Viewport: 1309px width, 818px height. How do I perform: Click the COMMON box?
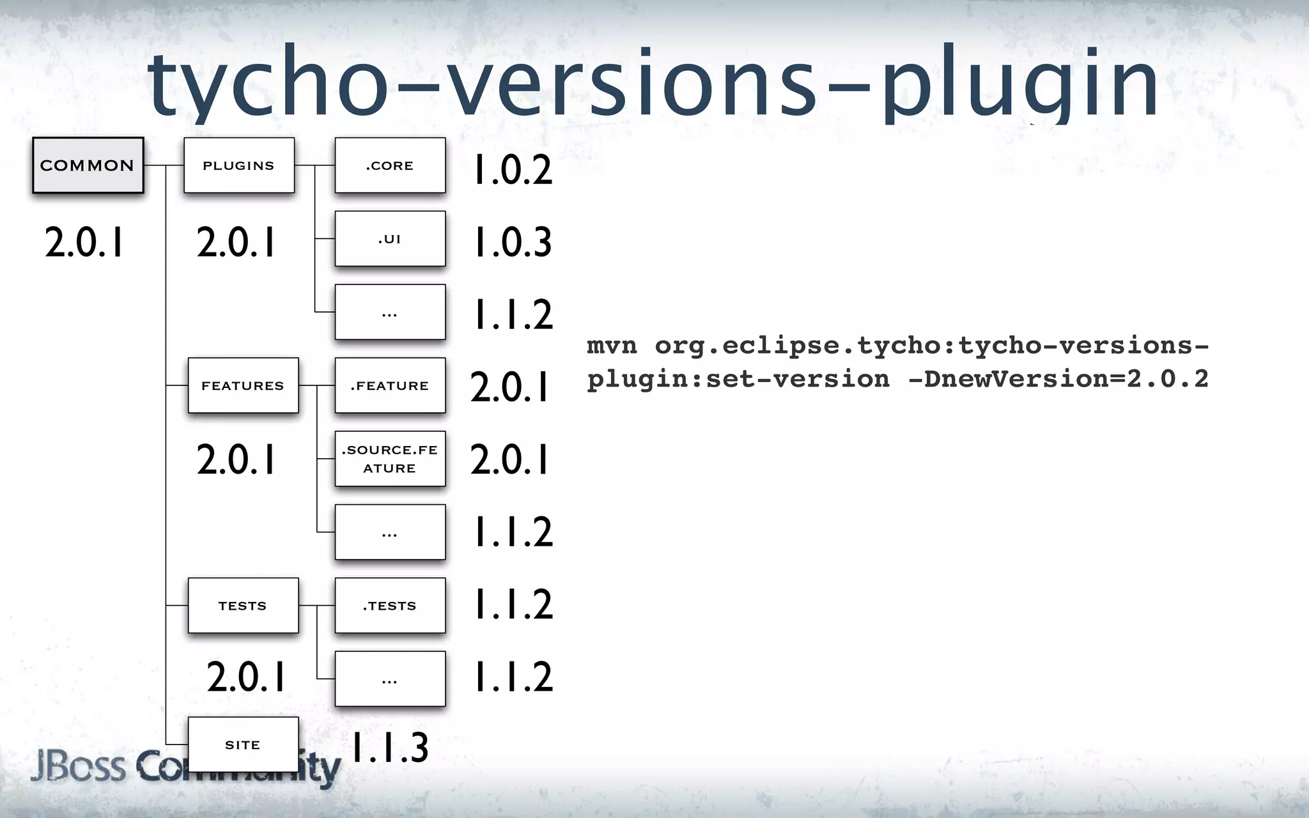coord(88,166)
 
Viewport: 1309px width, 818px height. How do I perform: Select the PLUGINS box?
coord(239,166)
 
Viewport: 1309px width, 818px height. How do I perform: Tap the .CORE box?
coord(390,166)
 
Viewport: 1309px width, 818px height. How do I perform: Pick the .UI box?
coord(390,239)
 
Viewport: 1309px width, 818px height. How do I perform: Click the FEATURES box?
coord(243,385)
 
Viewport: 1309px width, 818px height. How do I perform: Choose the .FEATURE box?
coord(390,385)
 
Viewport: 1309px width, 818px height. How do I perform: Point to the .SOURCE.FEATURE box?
coord(390,459)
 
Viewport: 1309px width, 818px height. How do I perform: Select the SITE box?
coord(243,745)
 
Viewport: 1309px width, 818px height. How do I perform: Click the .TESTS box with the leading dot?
coord(390,605)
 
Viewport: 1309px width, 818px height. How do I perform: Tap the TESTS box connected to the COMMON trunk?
coord(243,605)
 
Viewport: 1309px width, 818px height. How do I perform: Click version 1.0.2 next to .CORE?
coord(513,171)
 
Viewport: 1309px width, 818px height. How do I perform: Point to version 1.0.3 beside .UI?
coord(513,243)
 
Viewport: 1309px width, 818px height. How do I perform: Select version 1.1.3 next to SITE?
coord(390,748)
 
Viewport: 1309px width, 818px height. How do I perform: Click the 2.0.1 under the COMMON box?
coord(84,243)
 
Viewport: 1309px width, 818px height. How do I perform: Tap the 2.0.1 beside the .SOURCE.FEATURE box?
coord(510,459)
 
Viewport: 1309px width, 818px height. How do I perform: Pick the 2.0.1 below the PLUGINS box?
coord(236,243)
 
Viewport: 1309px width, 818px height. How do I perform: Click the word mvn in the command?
coord(612,346)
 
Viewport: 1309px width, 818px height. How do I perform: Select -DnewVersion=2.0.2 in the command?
coord(1058,379)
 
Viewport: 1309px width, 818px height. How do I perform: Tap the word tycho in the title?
coord(268,83)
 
